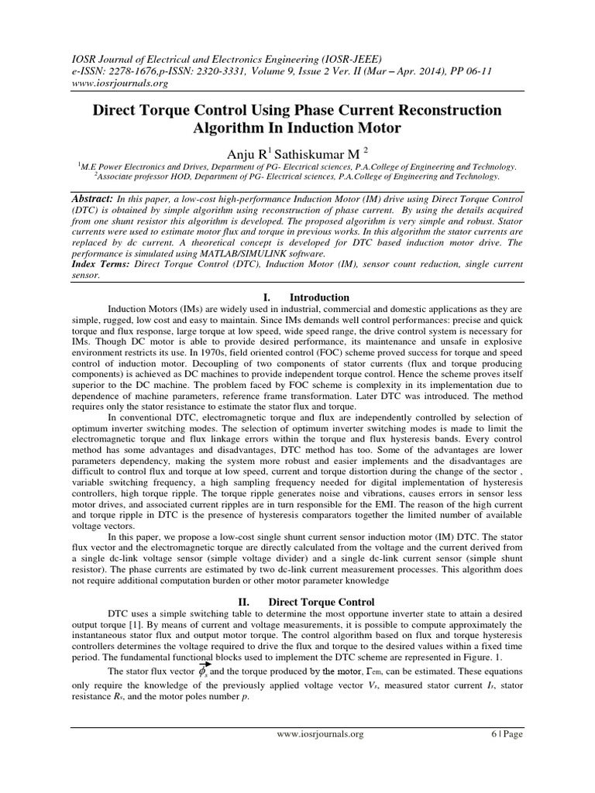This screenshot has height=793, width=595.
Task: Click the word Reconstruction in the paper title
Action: [x=446, y=111]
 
